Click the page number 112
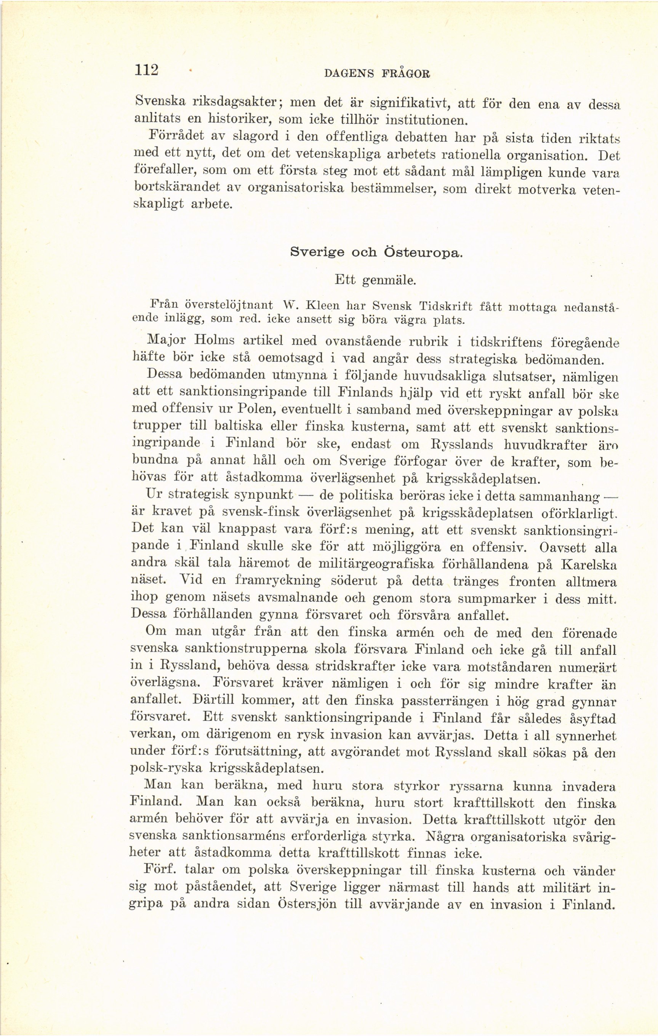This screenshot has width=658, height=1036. pos(147,70)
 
